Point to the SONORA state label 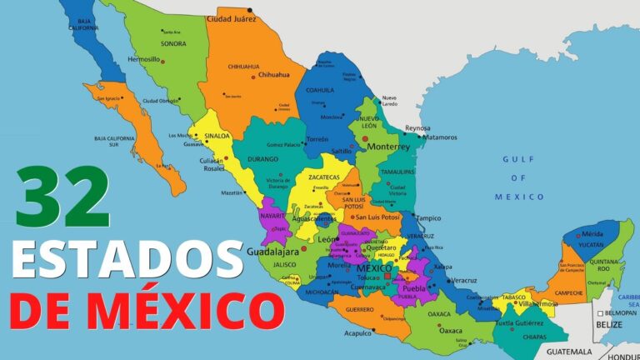[x=172, y=43]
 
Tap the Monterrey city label [x=387, y=146]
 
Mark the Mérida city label [x=593, y=234]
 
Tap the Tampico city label [x=428, y=218]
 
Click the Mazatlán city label [x=232, y=192]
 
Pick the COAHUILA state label [x=319, y=90]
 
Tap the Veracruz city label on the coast [x=463, y=280]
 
